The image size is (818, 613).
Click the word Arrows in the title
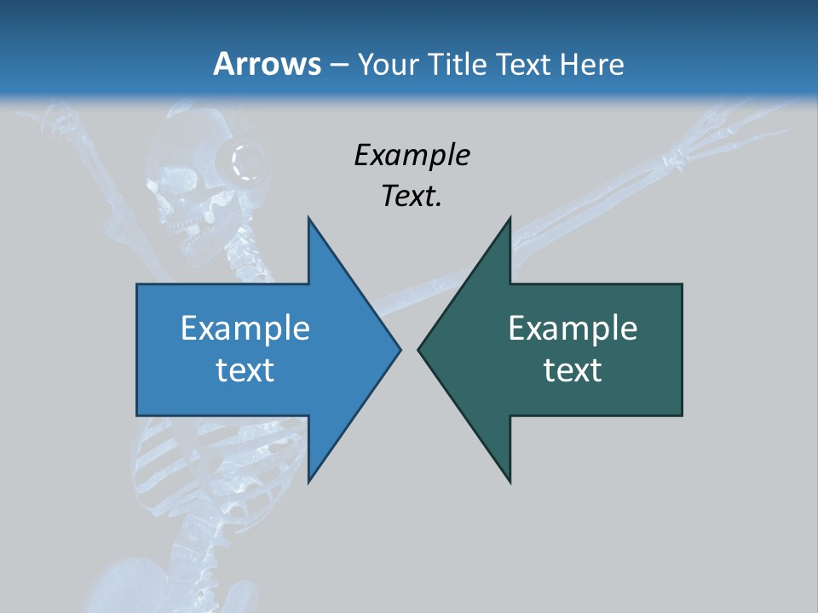pyautogui.click(x=268, y=64)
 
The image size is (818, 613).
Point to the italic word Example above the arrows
pyautogui.click(x=412, y=155)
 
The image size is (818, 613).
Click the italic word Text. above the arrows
pyautogui.click(x=412, y=196)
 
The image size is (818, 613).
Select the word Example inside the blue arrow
pyautogui.click(x=245, y=328)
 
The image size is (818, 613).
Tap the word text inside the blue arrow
pyautogui.click(x=245, y=370)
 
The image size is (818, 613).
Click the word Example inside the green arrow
pyautogui.click(x=573, y=328)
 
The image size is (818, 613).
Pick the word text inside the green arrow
pyautogui.click(x=573, y=370)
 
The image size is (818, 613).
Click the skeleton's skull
pyautogui.click(x=183, y=183)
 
